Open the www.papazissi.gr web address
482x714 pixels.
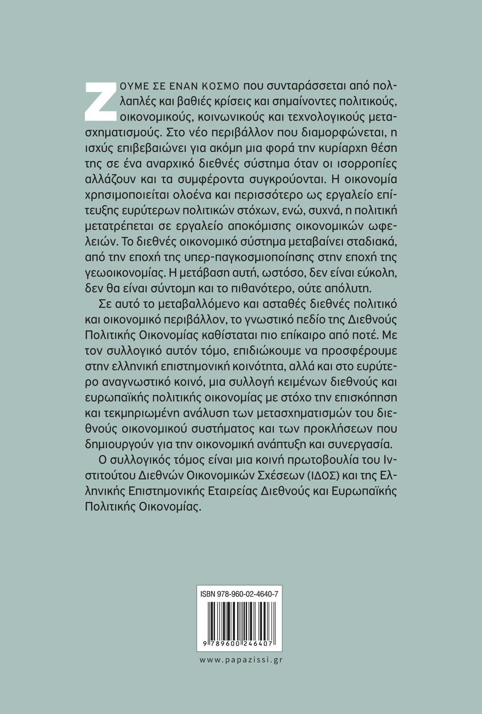pos(241,659)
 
